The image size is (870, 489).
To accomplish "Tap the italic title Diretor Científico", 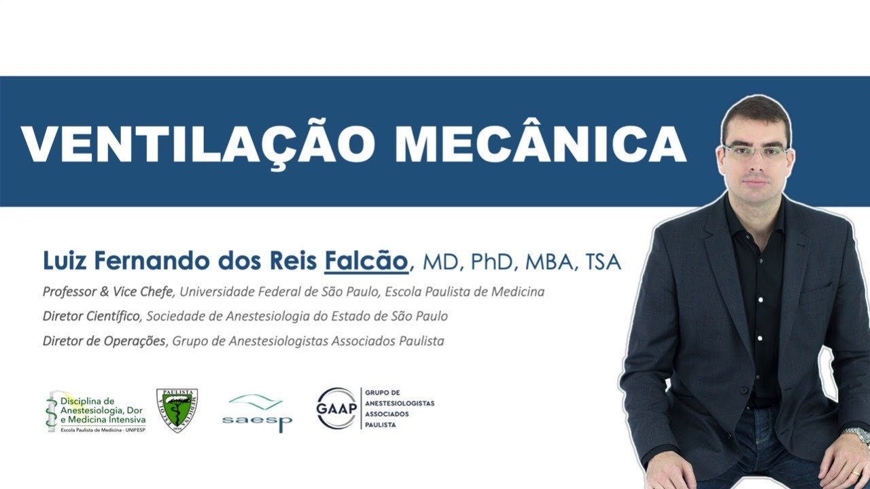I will point(92,316).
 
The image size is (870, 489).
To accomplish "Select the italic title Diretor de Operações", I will point(104,340).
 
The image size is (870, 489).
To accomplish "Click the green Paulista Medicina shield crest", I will point(177,410).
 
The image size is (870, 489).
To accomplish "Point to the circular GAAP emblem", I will point(336,408).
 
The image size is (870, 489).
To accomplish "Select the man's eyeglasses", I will point(755,151).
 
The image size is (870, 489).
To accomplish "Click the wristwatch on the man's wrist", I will point(856,435).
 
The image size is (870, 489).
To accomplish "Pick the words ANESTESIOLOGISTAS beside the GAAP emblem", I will point(400,403).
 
